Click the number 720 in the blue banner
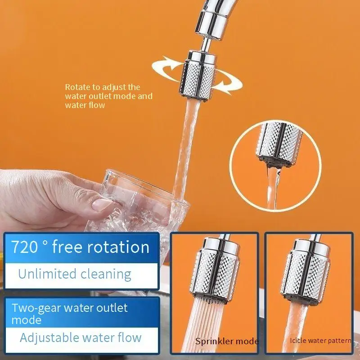[24, 247]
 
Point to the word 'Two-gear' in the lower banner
[36, 308]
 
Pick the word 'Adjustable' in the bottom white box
[49, 338]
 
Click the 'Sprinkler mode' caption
[227, 342]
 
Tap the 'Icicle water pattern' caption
[320, 341]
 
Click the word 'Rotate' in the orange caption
[77, 87]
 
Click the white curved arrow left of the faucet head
[166, 68]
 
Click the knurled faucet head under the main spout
[198, 76]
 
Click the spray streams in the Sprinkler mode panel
[205, 326]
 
